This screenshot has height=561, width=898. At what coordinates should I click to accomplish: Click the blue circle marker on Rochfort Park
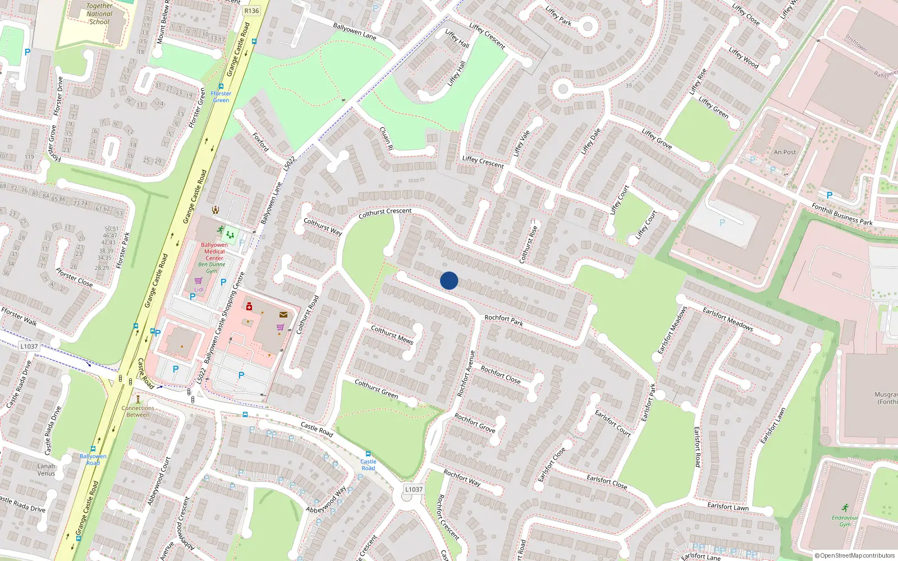click(449, 280)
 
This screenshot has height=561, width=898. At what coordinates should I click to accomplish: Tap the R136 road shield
click(251, 11)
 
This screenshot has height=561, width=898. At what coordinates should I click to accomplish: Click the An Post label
click(785, 152)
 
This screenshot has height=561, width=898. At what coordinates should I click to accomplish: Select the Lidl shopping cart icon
click(198, 280)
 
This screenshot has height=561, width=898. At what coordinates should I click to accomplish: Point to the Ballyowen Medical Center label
click(214, 251)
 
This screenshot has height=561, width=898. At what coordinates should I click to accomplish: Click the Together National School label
click(99, 14)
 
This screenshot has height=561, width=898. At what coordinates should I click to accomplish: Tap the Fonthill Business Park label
click(842, 214)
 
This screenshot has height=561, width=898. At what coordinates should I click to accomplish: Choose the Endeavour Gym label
click(845, 521)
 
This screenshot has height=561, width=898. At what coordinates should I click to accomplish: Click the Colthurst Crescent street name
click(385, 213)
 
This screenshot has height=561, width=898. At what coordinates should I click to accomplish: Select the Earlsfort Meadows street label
click(727, 318)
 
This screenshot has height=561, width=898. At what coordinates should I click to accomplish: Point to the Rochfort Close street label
click(501, 374)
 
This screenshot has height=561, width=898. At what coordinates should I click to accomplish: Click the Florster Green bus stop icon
click(221, 86)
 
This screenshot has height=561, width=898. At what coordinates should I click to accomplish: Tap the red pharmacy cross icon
click(249, 307)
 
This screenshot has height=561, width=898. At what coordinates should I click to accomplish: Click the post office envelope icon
click(283, 315)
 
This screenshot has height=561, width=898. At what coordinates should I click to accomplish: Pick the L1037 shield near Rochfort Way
click(414, 489)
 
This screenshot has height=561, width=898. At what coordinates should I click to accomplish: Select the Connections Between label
click(138, 411)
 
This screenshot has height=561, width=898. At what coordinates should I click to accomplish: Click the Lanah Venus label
click(46, 470)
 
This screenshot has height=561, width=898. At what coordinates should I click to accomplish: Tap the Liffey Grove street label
click(657, 139)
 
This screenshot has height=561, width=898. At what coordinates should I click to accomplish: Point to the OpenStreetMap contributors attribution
click(855, 555)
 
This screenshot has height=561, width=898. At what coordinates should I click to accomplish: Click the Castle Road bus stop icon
click(368, 454)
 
